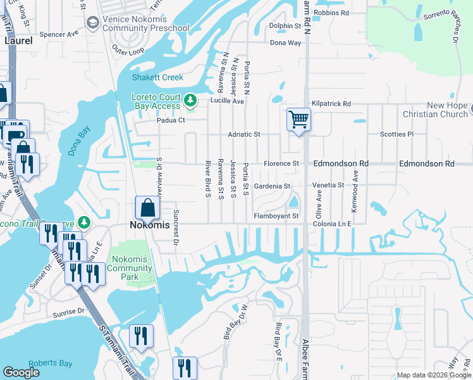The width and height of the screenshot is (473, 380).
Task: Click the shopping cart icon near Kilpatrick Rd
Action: click(298, 118)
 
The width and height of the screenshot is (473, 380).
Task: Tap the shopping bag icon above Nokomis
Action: click(147, 207)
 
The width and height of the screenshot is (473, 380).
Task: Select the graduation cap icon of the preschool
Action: click(92, 23)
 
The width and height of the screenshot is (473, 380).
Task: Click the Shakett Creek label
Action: click(157, 78)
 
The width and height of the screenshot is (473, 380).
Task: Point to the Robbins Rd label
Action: click(331, 13)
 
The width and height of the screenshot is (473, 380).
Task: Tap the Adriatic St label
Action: click(244, 134)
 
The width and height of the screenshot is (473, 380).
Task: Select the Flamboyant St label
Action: click(276, 216)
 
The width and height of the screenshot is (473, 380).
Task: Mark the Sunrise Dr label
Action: click(68, 312)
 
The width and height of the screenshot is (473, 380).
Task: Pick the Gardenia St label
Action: click(271, 186)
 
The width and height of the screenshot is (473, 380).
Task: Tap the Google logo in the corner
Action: click(21, 372)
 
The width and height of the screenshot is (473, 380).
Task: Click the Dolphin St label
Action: click(285, 26)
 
